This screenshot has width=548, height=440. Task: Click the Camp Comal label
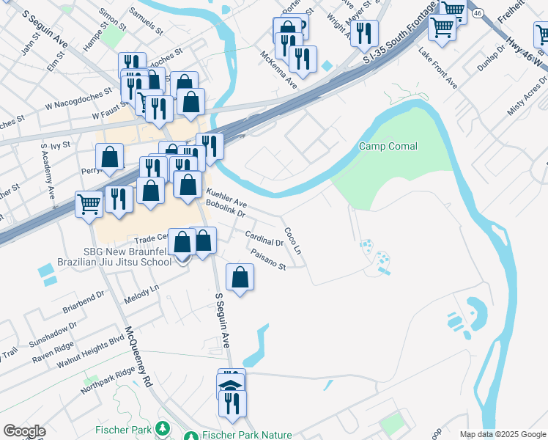point(388,147)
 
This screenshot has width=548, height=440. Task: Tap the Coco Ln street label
point(292,240)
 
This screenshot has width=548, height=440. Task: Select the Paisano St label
point(267,262)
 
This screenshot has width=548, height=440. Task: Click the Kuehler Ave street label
point(226,198)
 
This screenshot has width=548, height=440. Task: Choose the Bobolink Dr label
point(229,209)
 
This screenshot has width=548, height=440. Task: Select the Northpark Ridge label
point(108,381)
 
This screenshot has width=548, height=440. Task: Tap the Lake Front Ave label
point(437,69)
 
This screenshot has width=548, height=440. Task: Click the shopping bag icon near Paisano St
point(240,279)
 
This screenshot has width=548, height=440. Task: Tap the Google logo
point(24,431)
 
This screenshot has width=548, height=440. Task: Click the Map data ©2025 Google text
point(503,434)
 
